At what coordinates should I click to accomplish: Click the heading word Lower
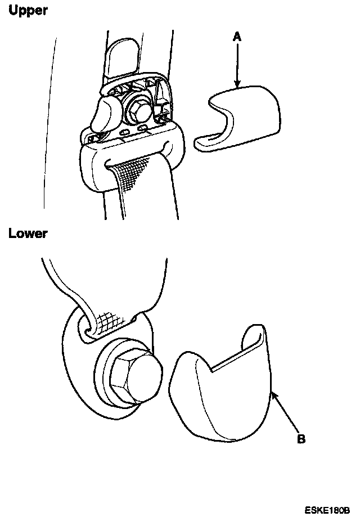(x=28, y=234)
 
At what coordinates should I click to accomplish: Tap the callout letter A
(x=237, y=37)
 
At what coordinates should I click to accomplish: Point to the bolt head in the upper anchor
(x=138, y=105)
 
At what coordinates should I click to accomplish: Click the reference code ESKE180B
(x=328, y=511)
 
